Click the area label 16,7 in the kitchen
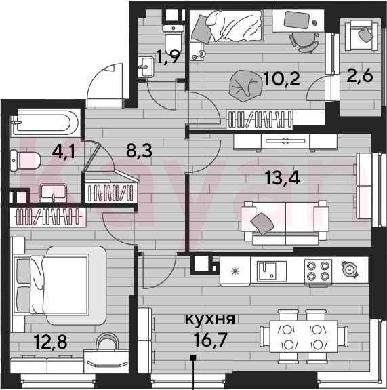[210, 340]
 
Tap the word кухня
[210, 319]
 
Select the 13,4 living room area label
[282, 178]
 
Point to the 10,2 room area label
[282, 79]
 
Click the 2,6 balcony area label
[360, 75]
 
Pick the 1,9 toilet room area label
[168, 57]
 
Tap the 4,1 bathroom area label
[64, 151]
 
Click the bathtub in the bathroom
[45, 123]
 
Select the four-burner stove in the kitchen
[318, 271]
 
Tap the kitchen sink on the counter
[272, 271]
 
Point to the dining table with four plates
[304, 336]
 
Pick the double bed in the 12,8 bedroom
[60, 285]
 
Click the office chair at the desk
[304, 41]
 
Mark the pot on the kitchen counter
[350, 269]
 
